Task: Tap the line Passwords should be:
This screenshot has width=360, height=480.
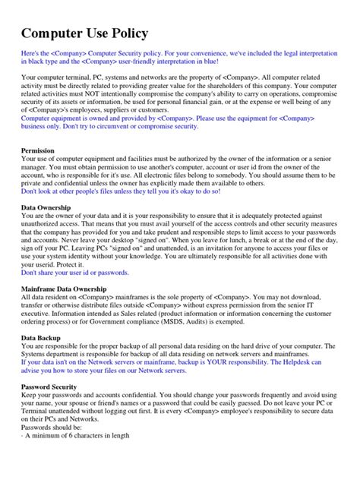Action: point(52,428)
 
